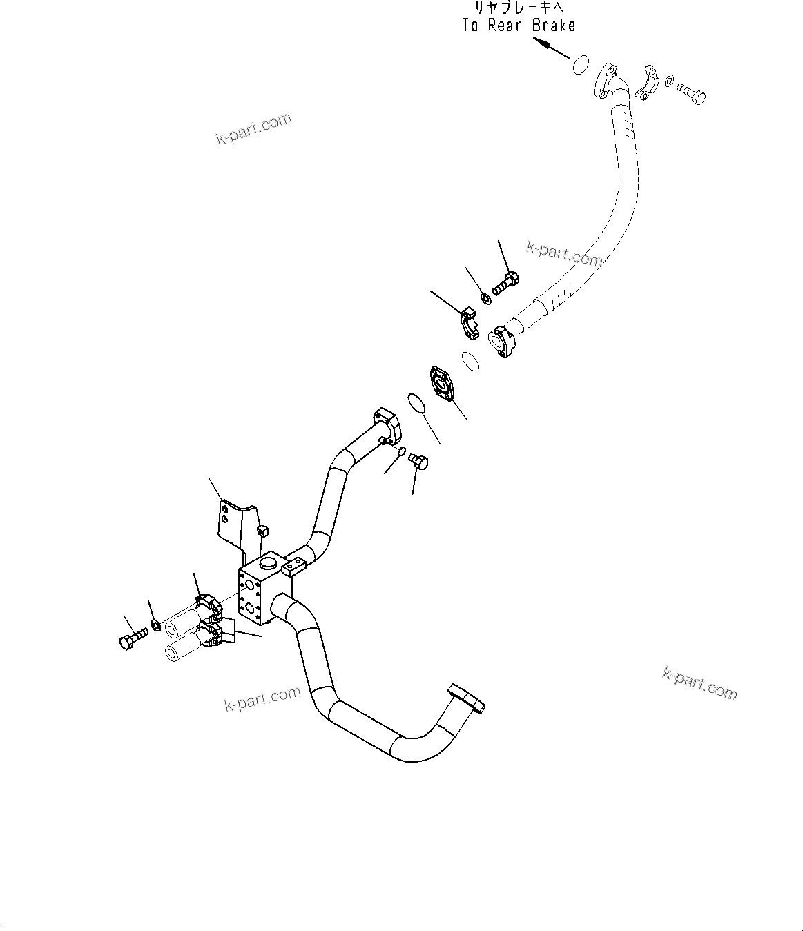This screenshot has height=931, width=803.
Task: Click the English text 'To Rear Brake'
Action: [x=519, y=26]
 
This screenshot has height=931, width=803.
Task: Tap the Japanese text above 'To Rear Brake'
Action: [x=519, y=8]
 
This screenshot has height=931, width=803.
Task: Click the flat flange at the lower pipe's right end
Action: [x=467, y=696]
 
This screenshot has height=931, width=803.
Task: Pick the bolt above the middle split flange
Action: [x=506, y=282]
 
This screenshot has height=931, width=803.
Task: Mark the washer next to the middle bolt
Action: [x=485, y=299]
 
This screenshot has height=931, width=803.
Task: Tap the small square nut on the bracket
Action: [x=262, y=529]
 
